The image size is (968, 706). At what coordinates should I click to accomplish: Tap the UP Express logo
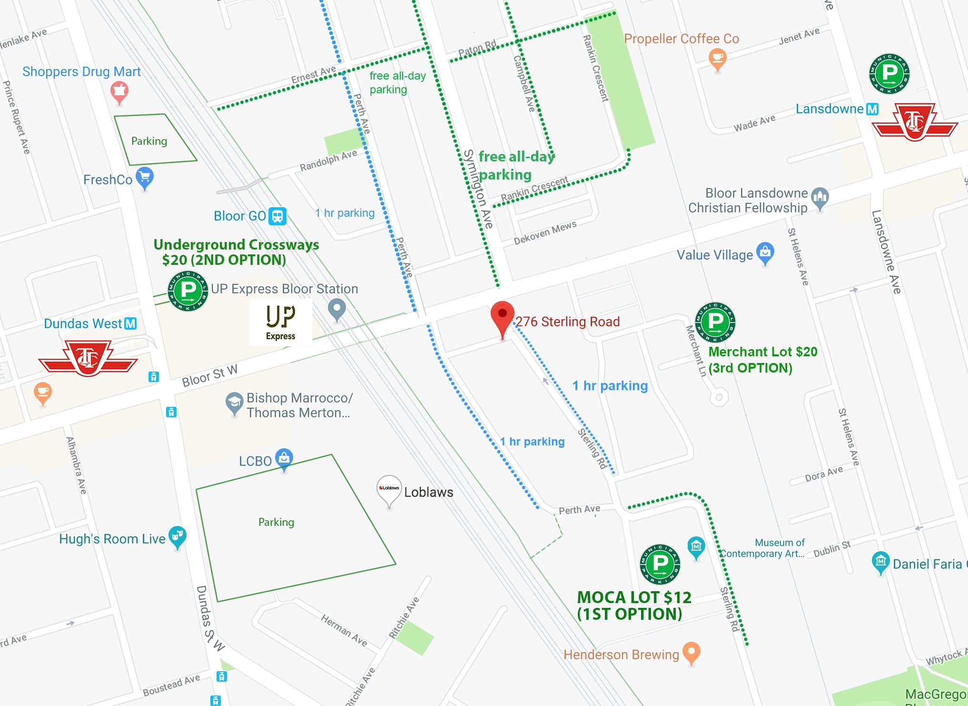(x=280, y=322)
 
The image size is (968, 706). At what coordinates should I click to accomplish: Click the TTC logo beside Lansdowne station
(x=914, y=122)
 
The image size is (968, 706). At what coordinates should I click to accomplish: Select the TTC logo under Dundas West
(x=88, y=357)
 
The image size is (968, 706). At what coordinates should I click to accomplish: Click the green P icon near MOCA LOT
(x=660, y=564)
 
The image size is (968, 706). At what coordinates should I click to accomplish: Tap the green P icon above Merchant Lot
(x=715, y=322)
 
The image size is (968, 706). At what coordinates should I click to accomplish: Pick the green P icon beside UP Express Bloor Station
(x=188, y=291)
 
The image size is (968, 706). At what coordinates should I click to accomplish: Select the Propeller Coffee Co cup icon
(x=717, y=60)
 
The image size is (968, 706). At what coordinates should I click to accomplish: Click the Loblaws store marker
(x=389, y=489)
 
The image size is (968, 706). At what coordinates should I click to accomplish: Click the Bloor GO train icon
(x=277, y=216)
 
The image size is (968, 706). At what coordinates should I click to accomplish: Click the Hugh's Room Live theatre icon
(x=177, y=536)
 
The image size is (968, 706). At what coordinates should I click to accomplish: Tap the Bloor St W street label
(x=209, y=376)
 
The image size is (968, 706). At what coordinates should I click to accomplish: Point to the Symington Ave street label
(x=478, y=189)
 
